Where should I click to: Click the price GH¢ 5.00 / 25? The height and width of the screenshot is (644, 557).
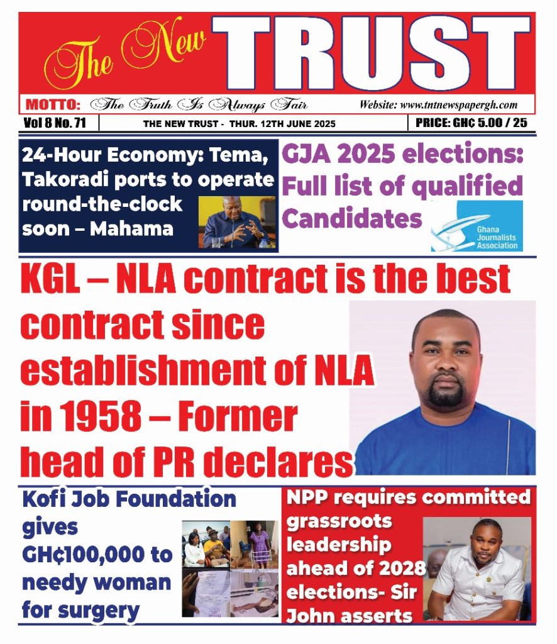pyautogui.click(x=472, y=123)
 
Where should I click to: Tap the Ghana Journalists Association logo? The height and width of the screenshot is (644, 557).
pyautogui.click(x=477, y=226)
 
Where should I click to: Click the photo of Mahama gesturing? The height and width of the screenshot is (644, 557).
pyautogui.click(x=238, y=221)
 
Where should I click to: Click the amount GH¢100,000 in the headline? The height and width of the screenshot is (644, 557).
pyautogui.click(x=97, y=555)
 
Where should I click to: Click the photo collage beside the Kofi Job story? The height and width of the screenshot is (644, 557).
pyautogui.click(x=230, y=568)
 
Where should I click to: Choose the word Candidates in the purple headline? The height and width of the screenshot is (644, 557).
pyautogui.click(x=351, y=218)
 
